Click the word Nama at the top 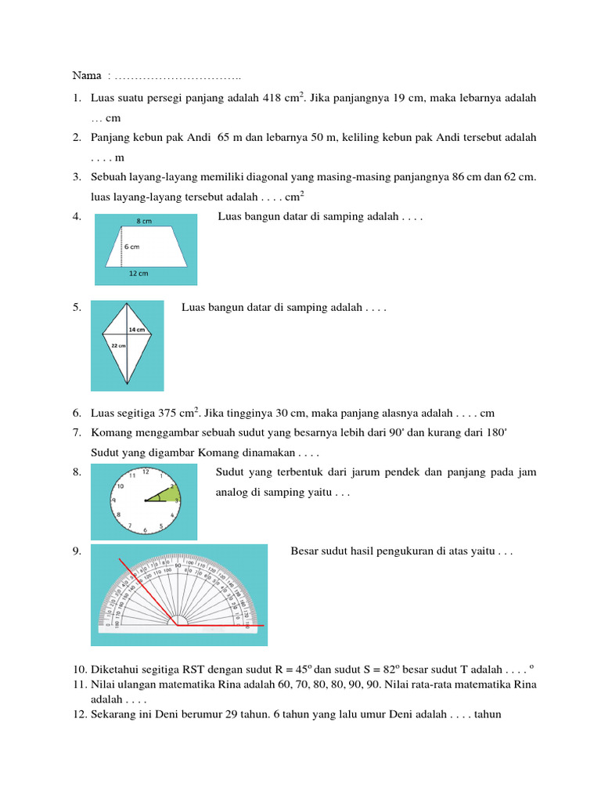86,77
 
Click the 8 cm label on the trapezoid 145,222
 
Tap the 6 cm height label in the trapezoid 131,247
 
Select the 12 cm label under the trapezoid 139,273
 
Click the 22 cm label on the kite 117,345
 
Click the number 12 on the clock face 146,472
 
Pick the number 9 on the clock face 114,501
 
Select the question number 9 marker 77,551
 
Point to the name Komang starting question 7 113,433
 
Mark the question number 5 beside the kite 77,308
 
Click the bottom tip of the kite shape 128,385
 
